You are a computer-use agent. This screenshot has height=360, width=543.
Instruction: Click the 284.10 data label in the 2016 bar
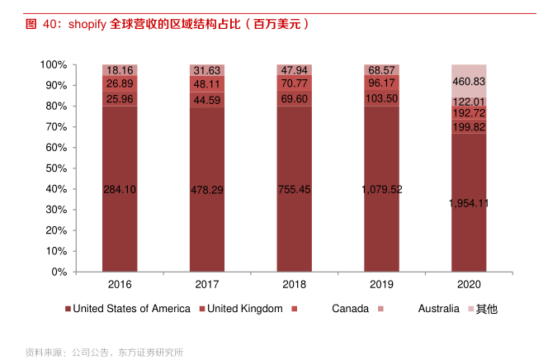[120, 190]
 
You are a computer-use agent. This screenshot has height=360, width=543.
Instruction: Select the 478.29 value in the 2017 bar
[206, 190]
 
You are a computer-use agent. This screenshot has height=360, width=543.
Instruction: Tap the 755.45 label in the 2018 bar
[294, 190]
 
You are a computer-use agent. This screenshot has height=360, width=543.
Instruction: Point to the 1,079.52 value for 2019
[381, 189]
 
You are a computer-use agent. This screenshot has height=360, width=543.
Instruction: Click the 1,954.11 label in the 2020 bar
[468, 203]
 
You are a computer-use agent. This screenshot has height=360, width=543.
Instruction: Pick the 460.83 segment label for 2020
[468, 83]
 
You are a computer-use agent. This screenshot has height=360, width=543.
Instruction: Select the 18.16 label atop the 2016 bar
[120, 70]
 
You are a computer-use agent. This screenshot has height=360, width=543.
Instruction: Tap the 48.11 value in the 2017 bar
[206, 84]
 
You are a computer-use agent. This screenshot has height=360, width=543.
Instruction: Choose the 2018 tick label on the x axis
[294, 284]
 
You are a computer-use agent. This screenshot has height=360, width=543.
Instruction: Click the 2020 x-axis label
[468, 284]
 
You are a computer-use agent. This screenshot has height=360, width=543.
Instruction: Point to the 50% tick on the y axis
[54, 168]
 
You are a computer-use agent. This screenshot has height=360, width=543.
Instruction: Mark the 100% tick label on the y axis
[52, 64]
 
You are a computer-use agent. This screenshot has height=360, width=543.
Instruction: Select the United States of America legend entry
[131, 309]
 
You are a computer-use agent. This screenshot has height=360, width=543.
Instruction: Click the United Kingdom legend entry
[244, 309]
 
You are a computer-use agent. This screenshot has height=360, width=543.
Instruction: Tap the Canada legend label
[350, 309]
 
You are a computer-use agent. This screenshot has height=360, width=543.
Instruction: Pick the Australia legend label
[438, 309]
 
